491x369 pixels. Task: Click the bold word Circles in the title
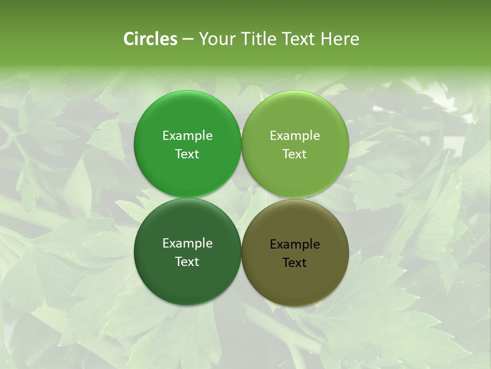tap(150, 39)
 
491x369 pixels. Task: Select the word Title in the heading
tap(258, 39)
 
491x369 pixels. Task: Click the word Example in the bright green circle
tap(187, 136)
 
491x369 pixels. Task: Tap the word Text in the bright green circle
tap(187, 154)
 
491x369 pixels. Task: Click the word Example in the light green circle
tap(295, 136)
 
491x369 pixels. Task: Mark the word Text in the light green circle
tap(295, 154)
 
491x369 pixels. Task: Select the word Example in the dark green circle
tap(187, 243)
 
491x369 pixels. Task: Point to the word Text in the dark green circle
tap(187, 262)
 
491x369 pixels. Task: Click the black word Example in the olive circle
tap(295, 244)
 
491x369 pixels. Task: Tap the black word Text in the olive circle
tap(295, 263)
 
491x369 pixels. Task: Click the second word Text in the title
tap(299, 39)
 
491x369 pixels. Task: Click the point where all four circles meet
tap(241, 198)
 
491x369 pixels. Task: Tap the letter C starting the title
tap(129, 39)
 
